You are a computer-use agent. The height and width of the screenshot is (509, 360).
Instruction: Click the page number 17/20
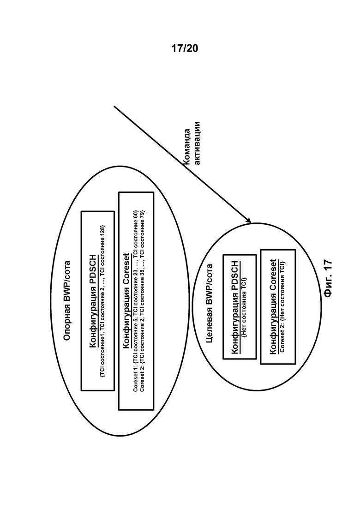point(184,48)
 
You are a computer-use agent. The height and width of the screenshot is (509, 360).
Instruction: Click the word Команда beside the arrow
point(187,147)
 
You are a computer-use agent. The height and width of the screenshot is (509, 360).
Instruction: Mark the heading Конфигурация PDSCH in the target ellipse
point(234,306)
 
